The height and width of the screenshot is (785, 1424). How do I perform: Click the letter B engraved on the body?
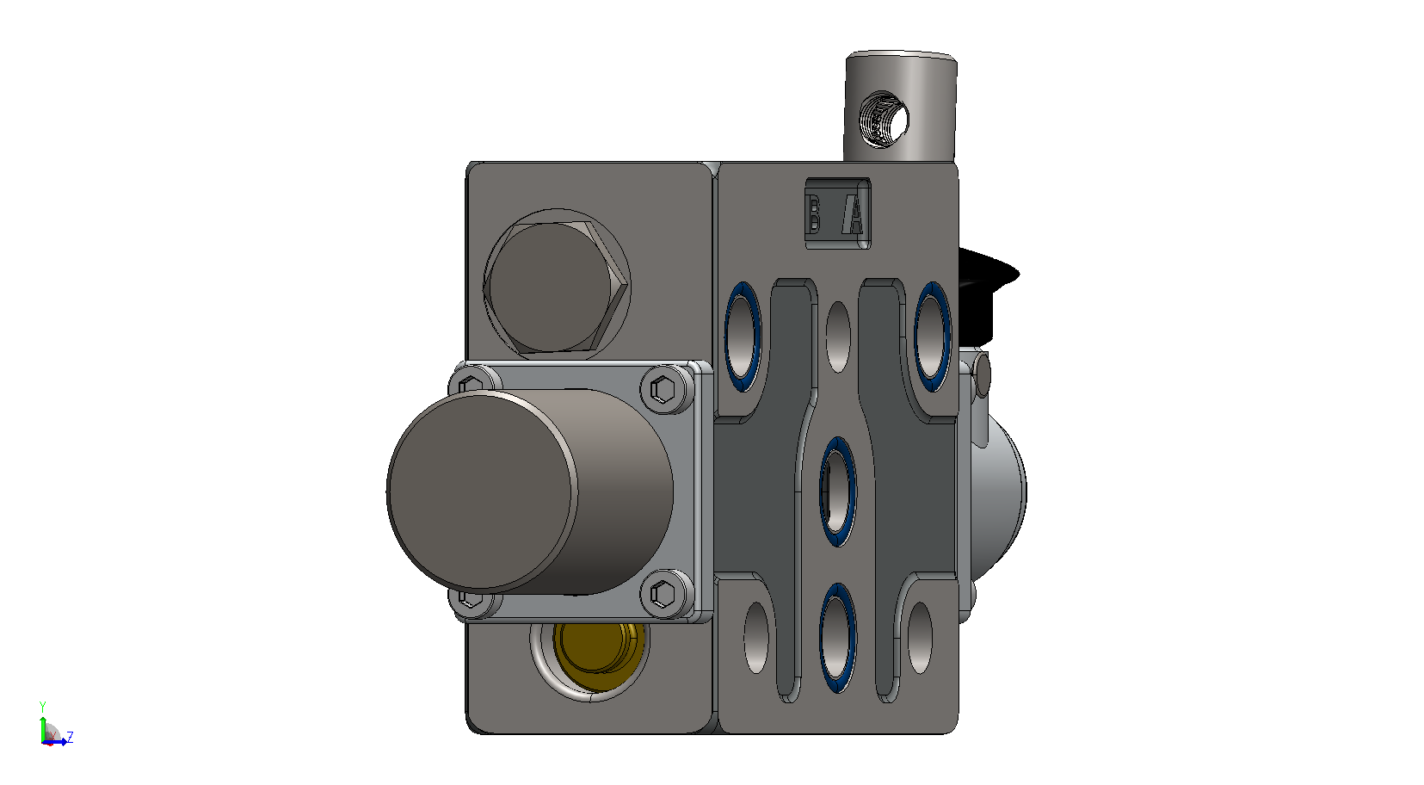point(813,213)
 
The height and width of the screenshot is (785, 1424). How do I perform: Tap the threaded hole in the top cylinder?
point(884,121)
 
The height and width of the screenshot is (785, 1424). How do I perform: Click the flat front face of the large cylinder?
point(481,491)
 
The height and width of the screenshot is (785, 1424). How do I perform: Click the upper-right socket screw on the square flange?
point(663,389)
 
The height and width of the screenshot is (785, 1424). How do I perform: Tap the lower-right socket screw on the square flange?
point(663,594)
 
